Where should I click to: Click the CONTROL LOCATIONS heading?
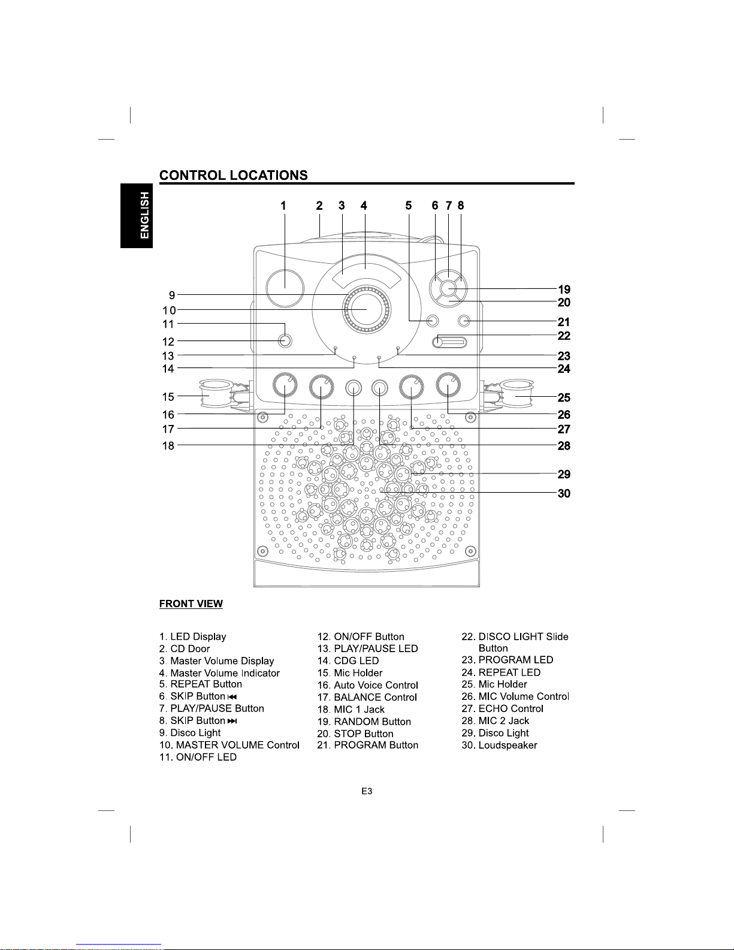(233, 175)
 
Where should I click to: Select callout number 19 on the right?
(564, 289)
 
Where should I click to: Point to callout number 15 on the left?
(168, 397)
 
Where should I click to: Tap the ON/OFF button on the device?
(285, 341)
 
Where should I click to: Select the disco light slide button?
(449, 342)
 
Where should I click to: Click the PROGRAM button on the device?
(464, 321)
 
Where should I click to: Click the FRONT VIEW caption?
(191, 604)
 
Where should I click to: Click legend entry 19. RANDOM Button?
(364, 722)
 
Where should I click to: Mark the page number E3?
(367, 791)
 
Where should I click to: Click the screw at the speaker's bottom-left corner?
(262, 551)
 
